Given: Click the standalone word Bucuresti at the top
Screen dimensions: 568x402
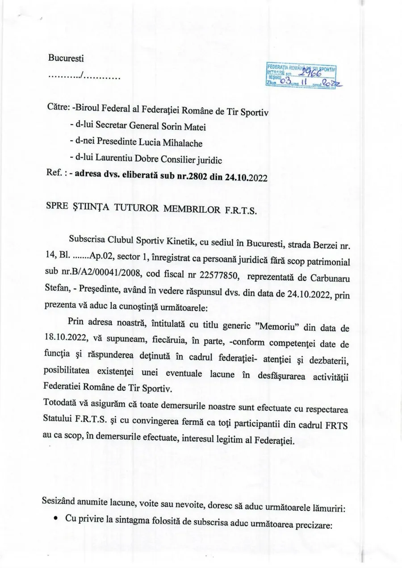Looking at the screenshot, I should [x=66, y=58].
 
